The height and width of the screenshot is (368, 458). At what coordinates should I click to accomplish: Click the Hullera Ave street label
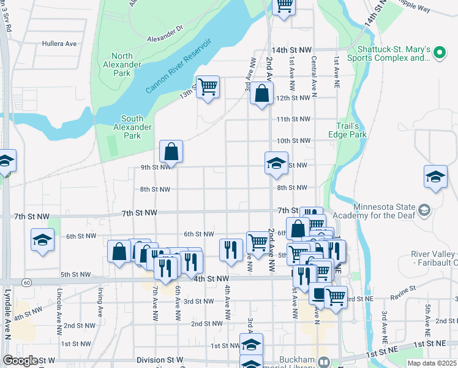click(x=59, y=44)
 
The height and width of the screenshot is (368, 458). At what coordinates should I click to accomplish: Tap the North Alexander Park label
click(x=122, y=64)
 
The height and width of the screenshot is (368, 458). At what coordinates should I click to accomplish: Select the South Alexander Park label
click(x=136, y=127)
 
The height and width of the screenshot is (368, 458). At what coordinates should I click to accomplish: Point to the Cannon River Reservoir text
click(x=178, y=66)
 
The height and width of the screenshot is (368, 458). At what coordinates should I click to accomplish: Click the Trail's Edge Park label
click(x=351, y=129)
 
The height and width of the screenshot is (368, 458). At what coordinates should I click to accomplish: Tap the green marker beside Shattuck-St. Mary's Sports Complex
click(x=438, y=53)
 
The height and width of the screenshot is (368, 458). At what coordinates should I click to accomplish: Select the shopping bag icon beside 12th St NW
click(x=261, y=94)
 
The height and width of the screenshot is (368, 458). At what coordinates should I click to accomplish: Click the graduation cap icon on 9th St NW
click(x=276, y=163)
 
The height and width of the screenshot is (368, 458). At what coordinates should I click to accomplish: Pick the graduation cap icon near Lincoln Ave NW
click(x=42, y=240)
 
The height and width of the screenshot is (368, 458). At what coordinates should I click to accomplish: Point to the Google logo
click(x=20, y=361)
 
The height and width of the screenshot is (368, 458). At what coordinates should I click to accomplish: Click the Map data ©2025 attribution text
click(x=432, y=363)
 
